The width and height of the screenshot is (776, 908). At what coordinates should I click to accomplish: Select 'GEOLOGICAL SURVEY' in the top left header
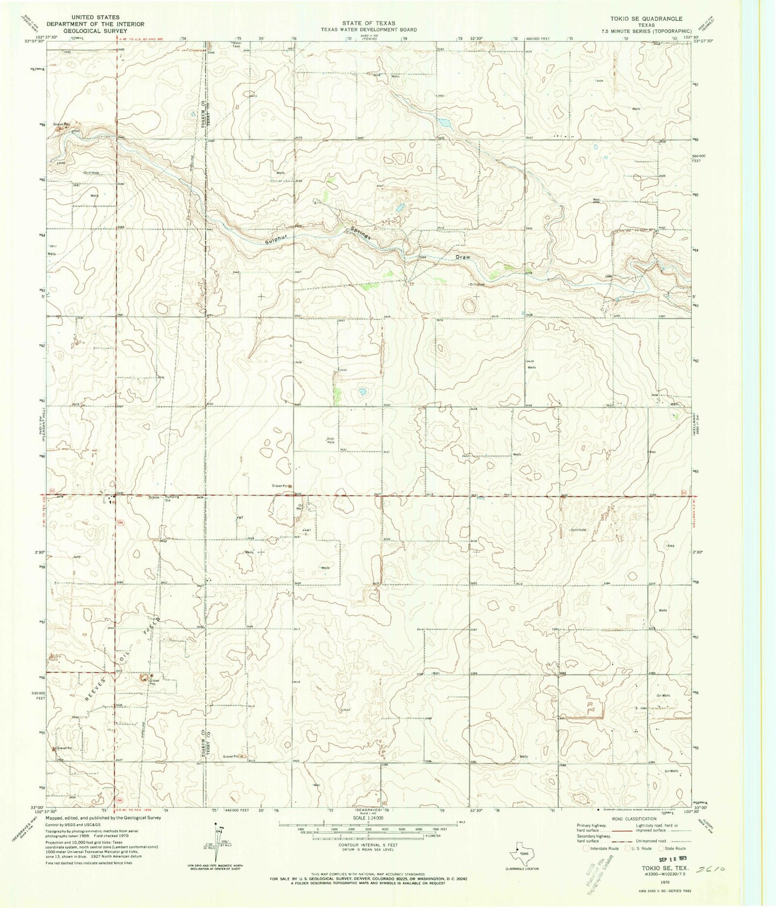point(88,31)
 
